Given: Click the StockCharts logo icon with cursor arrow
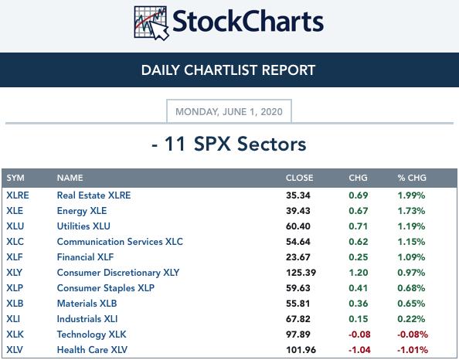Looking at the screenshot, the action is click(x=151, y=22).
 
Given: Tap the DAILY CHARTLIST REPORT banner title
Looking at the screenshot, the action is click(x=228, y=70).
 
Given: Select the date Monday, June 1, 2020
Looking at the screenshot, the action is click(x=229, y=112).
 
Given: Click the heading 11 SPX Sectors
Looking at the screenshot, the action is click(x=229, y=144).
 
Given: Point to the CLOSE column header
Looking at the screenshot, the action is click(x=300, y=178).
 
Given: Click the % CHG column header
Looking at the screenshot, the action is click(x=412, y=178).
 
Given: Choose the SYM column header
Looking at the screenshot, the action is click(x=15, y=178).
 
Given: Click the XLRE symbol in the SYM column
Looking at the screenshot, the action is click(x=18, y=195).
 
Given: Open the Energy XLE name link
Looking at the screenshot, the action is click(x=82, y=211).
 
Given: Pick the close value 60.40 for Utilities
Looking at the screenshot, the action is click(x=298, y=226).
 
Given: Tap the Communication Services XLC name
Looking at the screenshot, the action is click(x=120, y=242).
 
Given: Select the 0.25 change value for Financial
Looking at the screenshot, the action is click(x=359, y=257).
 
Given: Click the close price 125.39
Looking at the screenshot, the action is click(x=301, y=273).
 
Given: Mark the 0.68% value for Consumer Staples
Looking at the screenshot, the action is click(x=411, y=288).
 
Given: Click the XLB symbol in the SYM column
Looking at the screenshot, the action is click(x=15, y=304).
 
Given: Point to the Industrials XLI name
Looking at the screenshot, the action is click(x=87, y=319).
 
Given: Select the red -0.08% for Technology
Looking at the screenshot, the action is click(x=413, y=335).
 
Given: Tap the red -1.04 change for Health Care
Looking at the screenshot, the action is click(x=359, y=350).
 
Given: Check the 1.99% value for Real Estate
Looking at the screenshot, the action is click(x=411, y=195).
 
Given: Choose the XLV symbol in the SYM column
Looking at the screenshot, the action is click(x=15, y=350).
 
